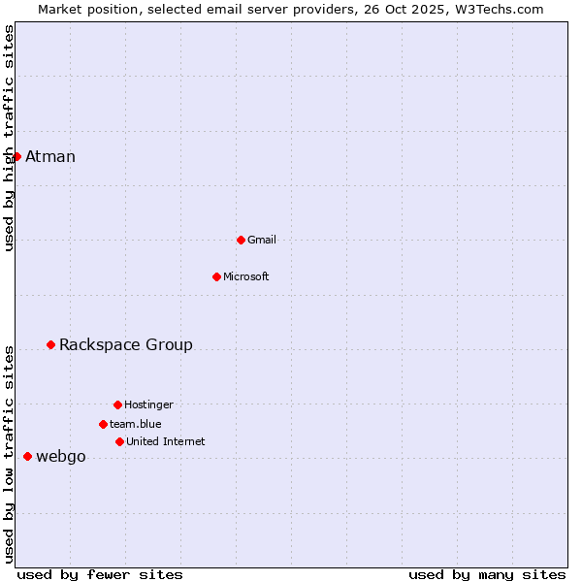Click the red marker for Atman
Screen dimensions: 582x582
(x=16, y=156)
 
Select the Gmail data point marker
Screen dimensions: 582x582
(x=241, y=240)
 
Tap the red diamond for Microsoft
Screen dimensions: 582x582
(x=216, y=276)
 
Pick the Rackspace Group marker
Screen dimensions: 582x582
(x=50, y=344)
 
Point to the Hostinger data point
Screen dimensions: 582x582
(x=117, y=404)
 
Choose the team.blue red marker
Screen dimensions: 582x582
(x=103, y=424)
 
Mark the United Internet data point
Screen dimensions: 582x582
(x=119, y=441)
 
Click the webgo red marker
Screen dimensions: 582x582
(x=27, y=456)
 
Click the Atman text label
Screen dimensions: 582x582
(x=50, y=157)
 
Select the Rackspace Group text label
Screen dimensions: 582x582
(x=126, y=345)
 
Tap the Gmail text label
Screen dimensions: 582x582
(x=262, y=241)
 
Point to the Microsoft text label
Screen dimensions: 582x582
(x=246, y=277)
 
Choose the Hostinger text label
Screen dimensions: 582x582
(x=148, y=405)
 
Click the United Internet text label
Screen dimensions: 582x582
(x=166, y=442)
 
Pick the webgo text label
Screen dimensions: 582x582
(x=61, y=457)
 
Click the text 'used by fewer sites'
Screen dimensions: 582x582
(x=100, y=575)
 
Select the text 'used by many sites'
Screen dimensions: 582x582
(x=487, y=575)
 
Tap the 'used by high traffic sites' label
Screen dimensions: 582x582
(x=9, y=138)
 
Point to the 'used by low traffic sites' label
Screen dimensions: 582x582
(x=9, y=453)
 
